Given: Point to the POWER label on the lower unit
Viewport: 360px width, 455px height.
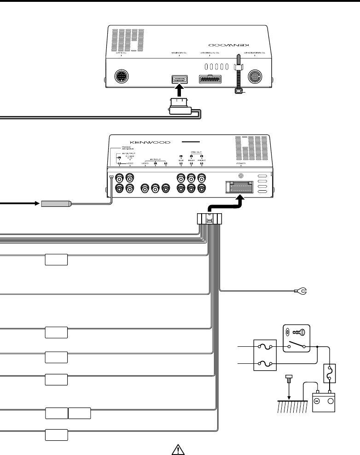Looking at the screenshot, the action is (240, 163).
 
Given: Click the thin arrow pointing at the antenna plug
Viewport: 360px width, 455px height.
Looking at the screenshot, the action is (23, 203).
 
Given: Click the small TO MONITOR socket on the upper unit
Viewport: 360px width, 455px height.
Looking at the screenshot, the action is (179, 79).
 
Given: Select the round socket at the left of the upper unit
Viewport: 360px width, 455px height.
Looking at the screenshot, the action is (121, 77).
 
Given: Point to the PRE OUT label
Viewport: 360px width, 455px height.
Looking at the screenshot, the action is (191, 153).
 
